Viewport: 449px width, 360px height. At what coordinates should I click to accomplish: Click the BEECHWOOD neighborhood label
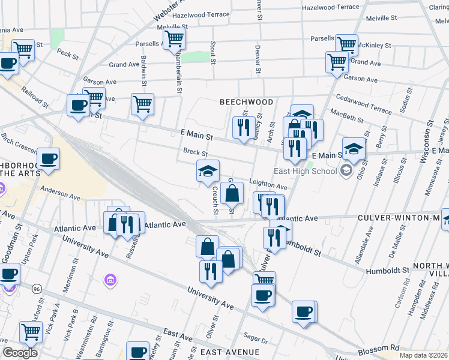pos(246,102)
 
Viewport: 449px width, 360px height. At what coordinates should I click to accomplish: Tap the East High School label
pos(305,171)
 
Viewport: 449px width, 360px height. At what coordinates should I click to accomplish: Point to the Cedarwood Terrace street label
pos(364,104)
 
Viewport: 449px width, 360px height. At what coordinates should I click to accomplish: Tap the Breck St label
pos(195,152)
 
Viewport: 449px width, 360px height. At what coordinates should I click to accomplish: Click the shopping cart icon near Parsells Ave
pos(174,39)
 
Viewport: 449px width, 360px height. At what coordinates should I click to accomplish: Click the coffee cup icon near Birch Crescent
pos(48,158)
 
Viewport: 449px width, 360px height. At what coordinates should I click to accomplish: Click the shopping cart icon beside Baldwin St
pos(142,104)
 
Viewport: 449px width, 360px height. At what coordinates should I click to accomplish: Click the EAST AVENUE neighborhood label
pos(230,352)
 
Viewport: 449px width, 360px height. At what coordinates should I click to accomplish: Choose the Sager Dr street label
pos(251,339)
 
